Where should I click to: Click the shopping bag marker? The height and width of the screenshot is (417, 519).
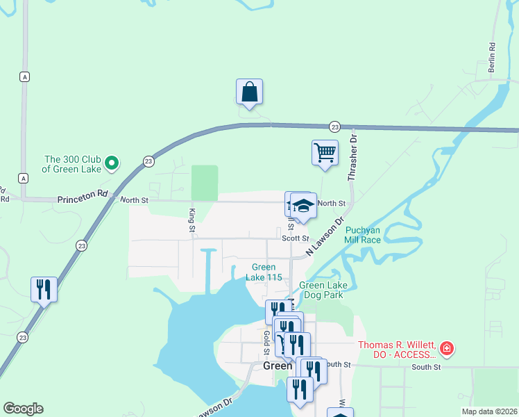(x=249, y=92)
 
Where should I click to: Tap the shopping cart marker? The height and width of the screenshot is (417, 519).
(x=325, y=152)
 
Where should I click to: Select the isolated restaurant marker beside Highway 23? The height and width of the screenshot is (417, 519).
(x=44, y=289)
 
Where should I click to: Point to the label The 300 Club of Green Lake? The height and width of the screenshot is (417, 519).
(x=72, y=164)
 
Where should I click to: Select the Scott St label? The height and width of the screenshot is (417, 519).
(x=295, y=238)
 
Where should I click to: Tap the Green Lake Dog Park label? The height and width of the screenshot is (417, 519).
(x=321, y=290)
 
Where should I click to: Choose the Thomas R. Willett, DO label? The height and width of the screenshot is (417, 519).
(x=397, y=350)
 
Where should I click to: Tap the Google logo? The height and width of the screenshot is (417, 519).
(x=23, y=409)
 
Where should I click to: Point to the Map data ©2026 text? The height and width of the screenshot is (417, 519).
(x=488, y=411)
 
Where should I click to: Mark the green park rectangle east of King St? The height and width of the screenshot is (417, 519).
(x=204, y=182)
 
